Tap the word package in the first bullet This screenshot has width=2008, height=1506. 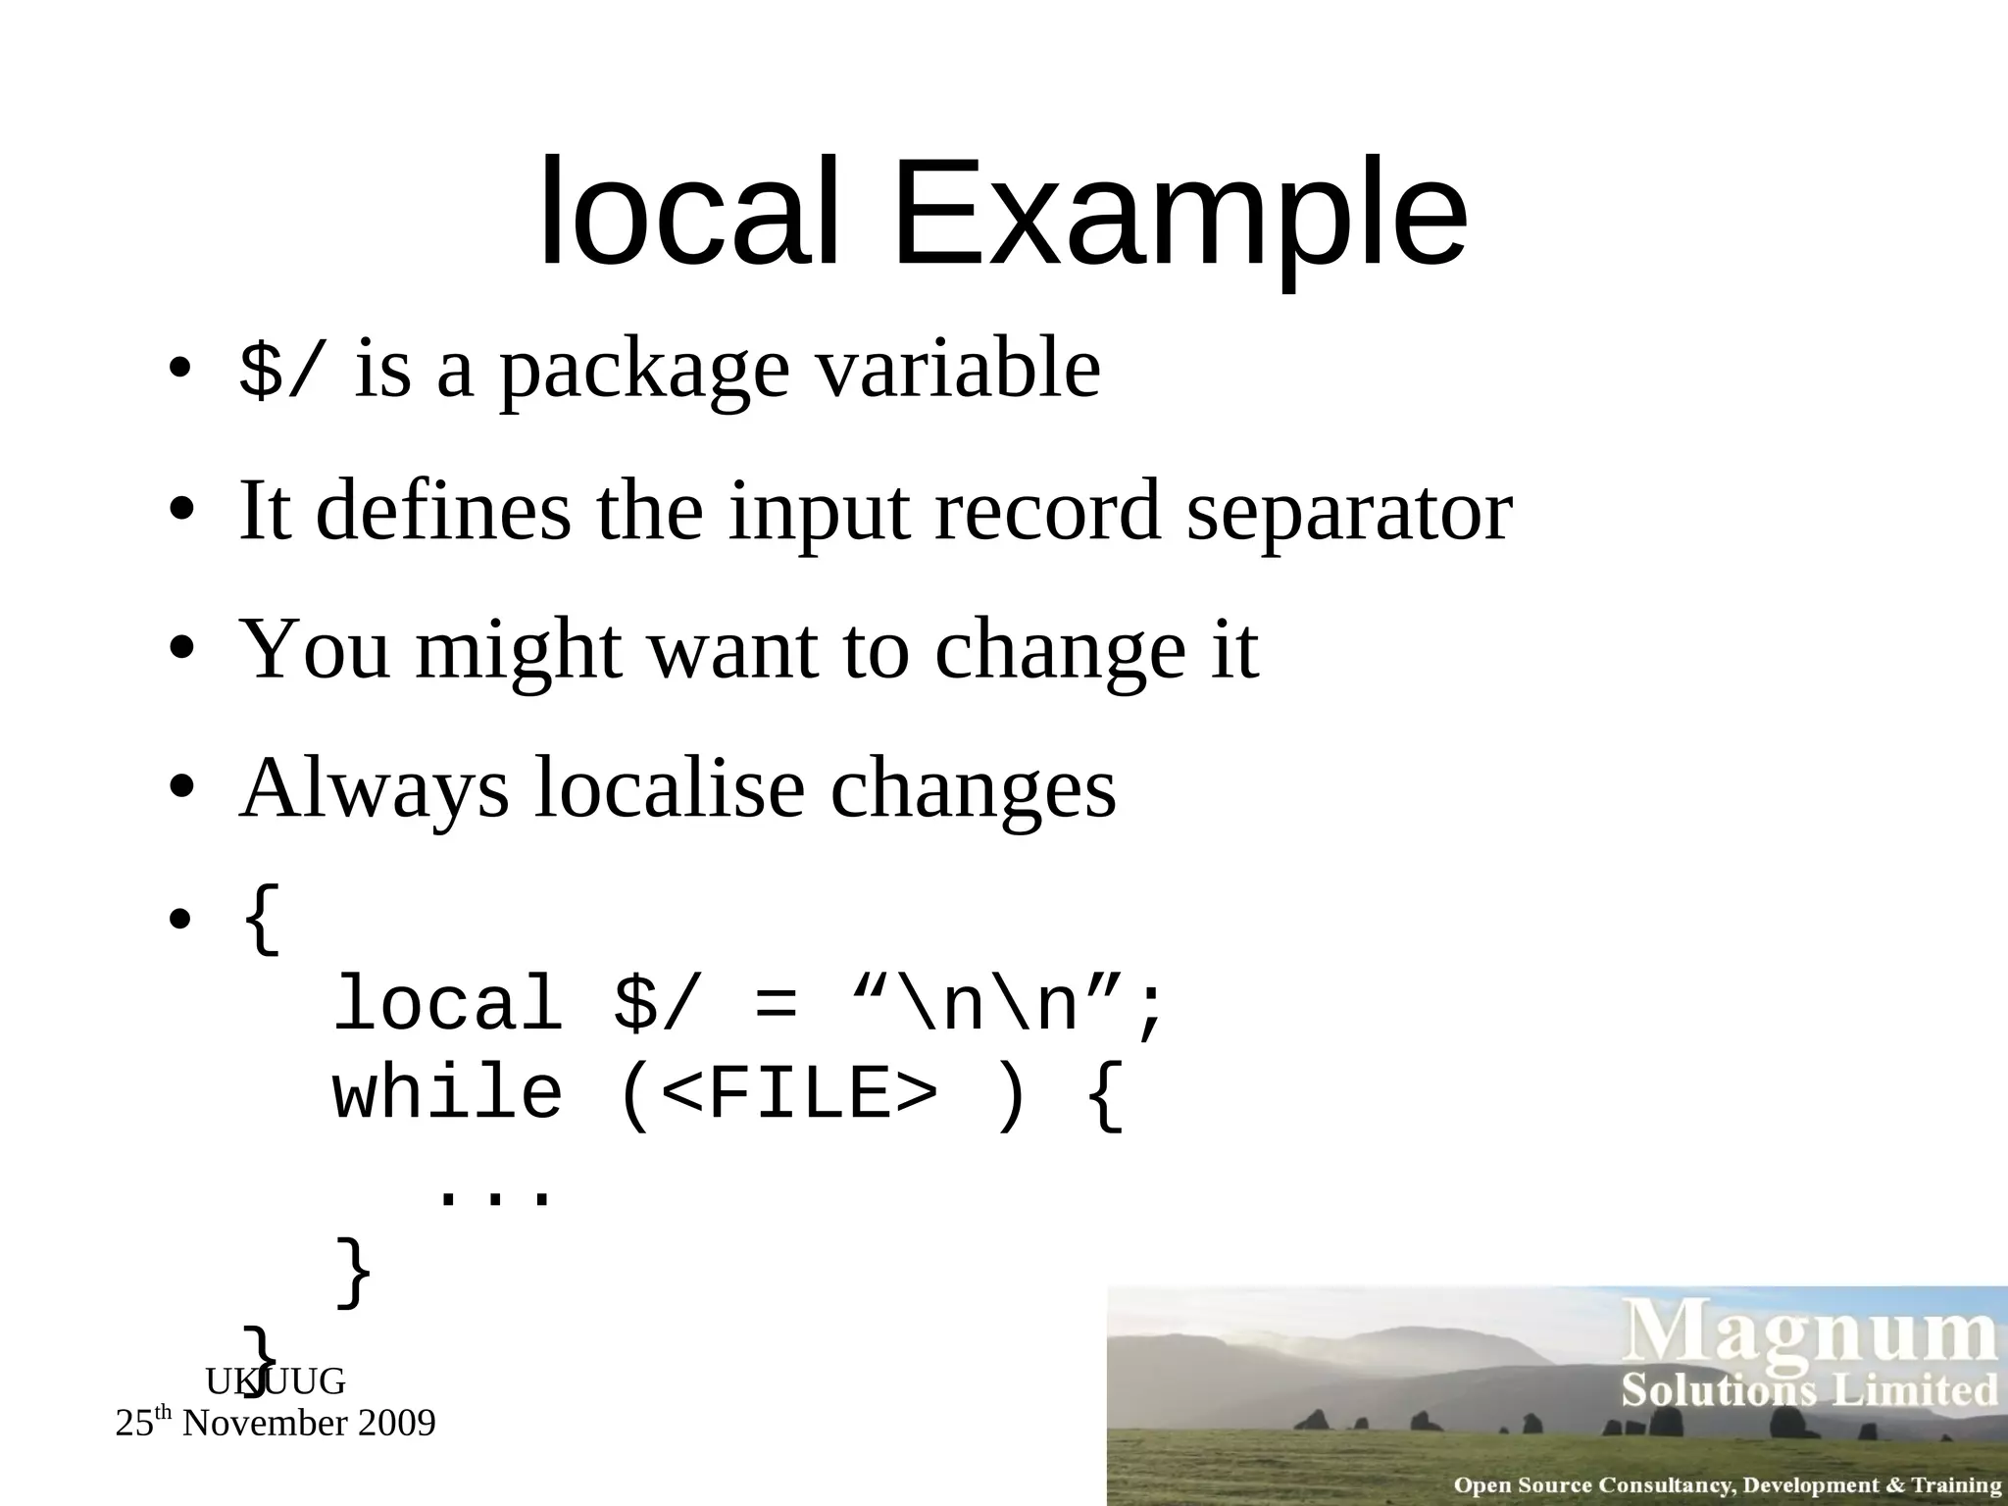pyautogui.click(x=644, y=370)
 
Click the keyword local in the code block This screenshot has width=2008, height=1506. pyautogui.click(x=448, y=1005)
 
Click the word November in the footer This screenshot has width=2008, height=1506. pyautogui.click(x=264, y=1423)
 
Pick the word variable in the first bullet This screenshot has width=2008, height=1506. pyautogui.click(x=958, y=370)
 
